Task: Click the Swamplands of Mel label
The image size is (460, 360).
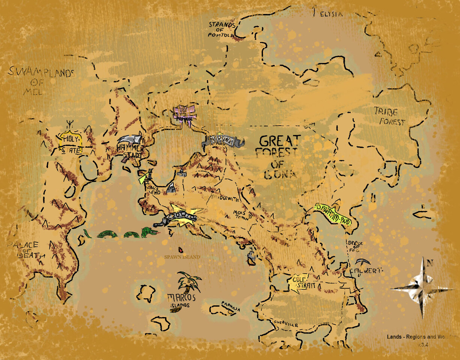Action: click(41, 80)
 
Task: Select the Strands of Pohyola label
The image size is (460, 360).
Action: click(222, 30)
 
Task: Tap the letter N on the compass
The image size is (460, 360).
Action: click(430, 263)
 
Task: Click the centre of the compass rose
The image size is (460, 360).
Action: click(422, 289)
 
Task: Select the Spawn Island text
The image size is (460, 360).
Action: click(182, 257)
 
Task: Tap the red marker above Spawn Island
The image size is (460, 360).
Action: click(181, 249)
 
